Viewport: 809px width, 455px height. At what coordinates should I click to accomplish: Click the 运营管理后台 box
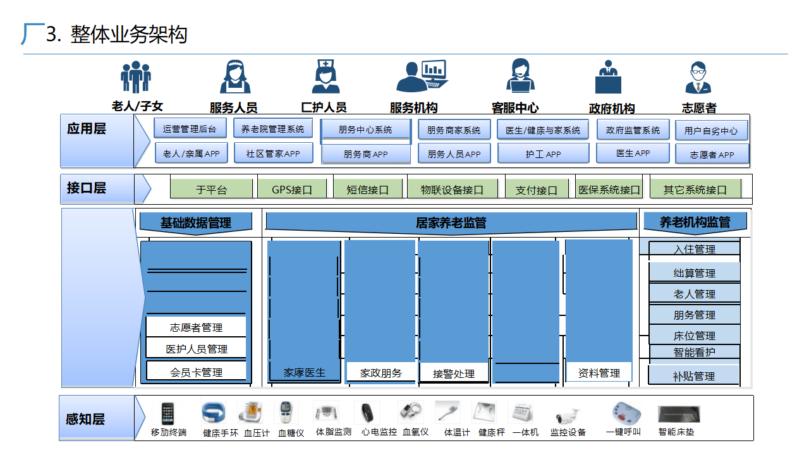tap(190, 129)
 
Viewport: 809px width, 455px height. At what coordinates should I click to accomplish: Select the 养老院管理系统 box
tap(272, 129)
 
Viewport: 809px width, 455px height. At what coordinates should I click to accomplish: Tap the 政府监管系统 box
tap(633, 130)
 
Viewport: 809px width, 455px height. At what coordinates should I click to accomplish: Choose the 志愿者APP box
tap(712, 154)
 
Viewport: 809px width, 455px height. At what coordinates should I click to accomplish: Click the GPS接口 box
tap(292, 189)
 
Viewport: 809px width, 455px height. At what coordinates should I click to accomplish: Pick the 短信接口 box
tap(368, 189)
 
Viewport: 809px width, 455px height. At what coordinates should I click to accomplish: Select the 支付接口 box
tap(537, 189)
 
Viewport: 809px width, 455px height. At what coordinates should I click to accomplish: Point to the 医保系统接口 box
tap(609, 189)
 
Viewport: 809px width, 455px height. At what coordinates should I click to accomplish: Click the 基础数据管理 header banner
tap(196, 222)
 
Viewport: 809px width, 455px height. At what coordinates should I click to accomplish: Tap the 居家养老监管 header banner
tap(451, 222)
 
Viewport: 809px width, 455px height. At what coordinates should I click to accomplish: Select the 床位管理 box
tap(694, 336)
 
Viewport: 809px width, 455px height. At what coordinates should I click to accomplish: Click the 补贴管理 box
tap(694, 375)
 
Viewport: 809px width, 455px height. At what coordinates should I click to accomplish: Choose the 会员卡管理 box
tap(196, 372)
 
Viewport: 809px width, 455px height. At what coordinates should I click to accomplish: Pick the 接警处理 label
tap(454, 373)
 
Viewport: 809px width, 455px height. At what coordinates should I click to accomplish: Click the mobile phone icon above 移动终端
tap(168, 414)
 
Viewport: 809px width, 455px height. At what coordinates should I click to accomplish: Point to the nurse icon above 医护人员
tap(325, 77)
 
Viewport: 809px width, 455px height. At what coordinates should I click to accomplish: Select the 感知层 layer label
tap(85, 418)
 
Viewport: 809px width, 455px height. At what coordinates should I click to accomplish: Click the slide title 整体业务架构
tap(129, 35)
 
